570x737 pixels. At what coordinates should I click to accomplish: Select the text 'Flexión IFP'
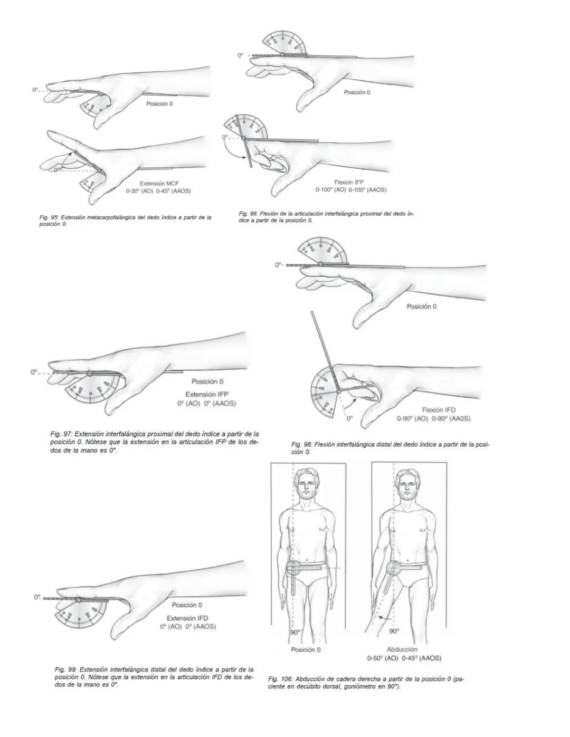349,182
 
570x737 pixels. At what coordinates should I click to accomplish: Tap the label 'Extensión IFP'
207,394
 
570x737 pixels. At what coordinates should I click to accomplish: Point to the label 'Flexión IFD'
439,410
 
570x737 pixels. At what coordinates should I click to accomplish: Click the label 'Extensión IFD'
187,618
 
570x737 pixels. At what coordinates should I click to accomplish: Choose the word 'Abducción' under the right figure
402,649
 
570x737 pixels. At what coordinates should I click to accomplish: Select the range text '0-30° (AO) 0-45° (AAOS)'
158,191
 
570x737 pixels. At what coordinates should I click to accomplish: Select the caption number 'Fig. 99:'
65,669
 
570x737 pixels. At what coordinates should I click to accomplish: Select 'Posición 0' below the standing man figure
306,649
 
